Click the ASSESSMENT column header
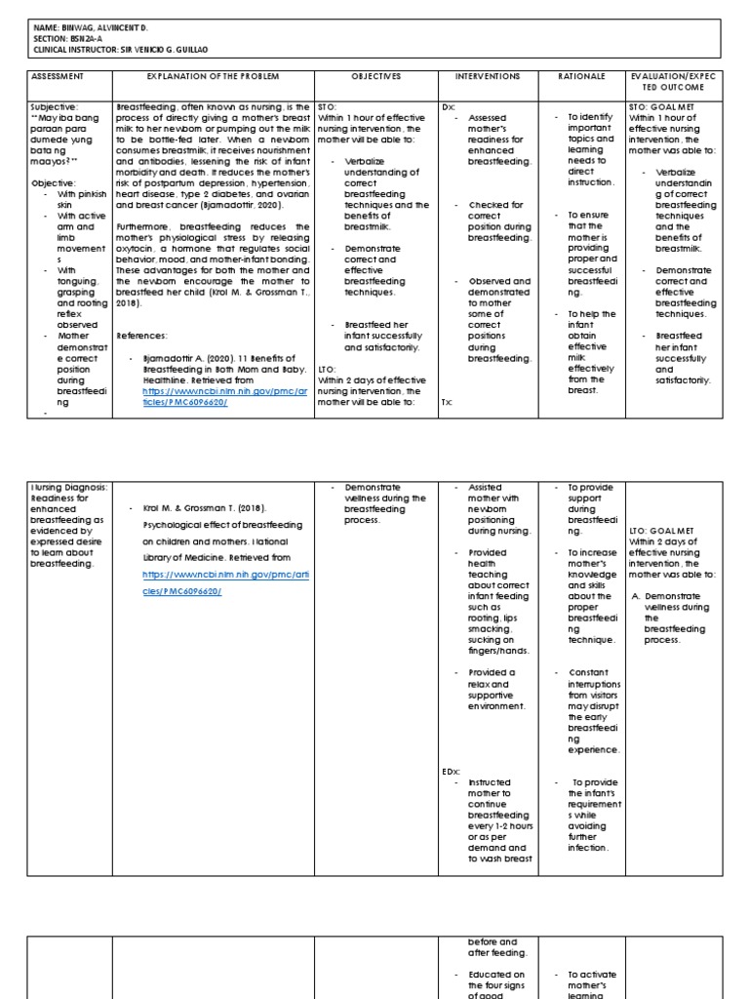(58, 76)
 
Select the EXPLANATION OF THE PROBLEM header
(212, 76)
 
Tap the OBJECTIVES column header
(375, 76)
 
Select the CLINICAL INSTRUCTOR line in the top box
(122, 48)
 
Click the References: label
(142, 336)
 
